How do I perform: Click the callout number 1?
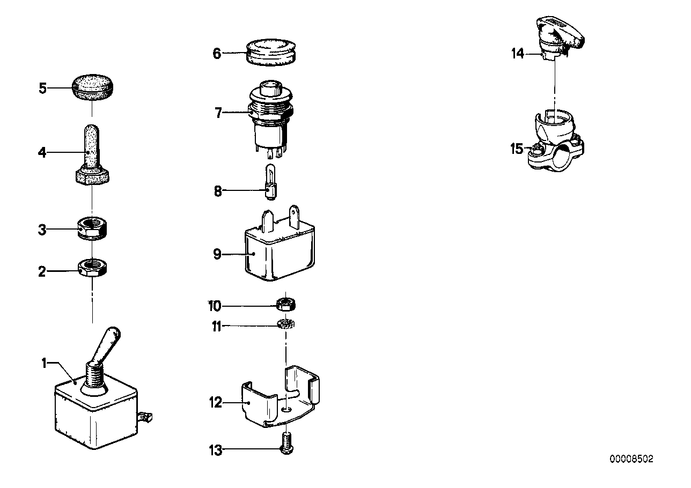tap(45, 363)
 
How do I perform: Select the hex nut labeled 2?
tap(94, 267)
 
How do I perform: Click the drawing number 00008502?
tap(631, 460)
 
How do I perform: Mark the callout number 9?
tap(217, 254)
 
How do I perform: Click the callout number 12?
tap(216, 402)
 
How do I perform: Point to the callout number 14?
tap(518, 54)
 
